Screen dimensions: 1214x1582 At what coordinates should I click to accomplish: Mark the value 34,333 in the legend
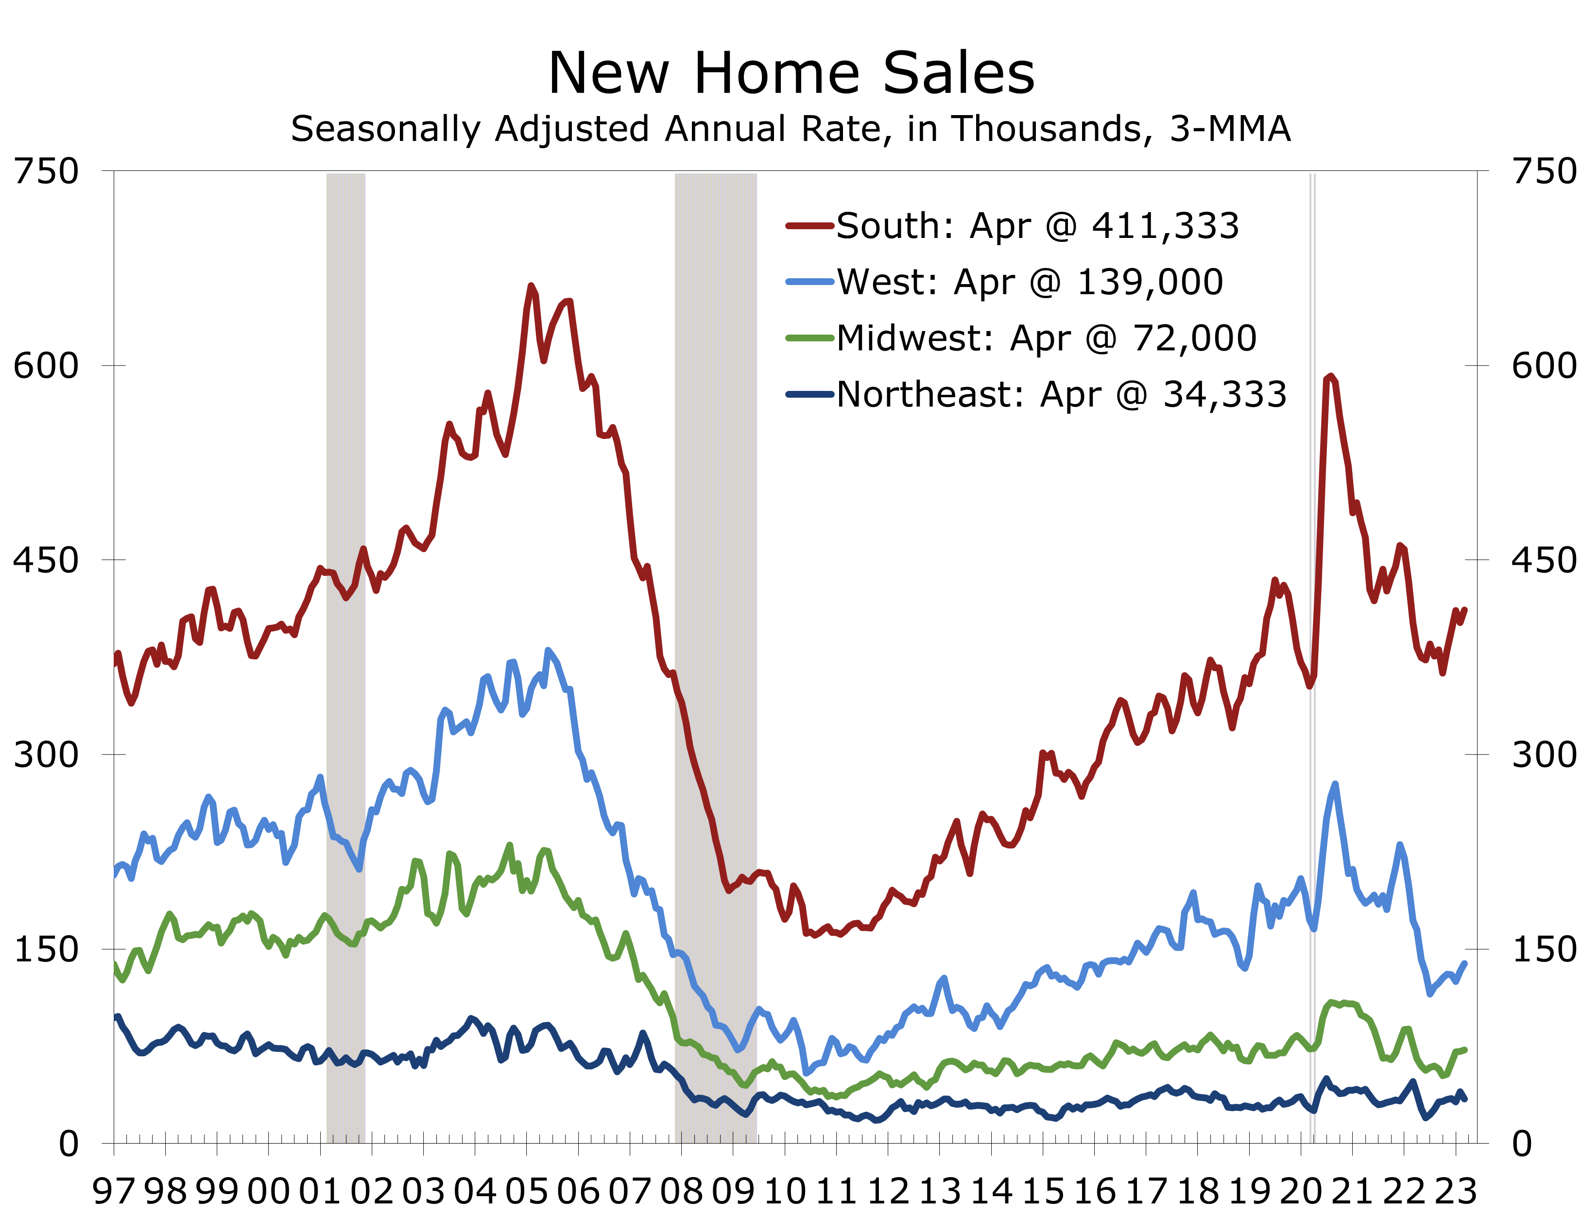point(1225,394)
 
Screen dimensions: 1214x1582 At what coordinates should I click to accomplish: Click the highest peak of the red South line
point(532,286)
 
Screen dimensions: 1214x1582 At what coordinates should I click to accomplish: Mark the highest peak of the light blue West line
point(548,650)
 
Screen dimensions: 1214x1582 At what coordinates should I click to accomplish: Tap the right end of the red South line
point(1465,609)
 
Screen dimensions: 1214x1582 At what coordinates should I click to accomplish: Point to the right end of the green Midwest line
point(1465,1049)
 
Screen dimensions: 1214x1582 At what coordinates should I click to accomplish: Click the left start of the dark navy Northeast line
point(117,1017)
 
